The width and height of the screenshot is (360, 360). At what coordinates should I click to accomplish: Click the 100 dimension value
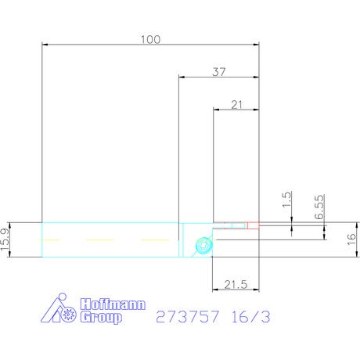pyautogui.click(x=150, y=39)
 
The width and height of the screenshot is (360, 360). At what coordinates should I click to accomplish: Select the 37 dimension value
pyautogui.click(x=219, y=72)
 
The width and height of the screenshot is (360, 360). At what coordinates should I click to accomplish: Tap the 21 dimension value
pyautogui.click(x=236, y=105)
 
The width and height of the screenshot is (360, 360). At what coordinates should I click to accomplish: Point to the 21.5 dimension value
pyautogui.click(x=236, y=284)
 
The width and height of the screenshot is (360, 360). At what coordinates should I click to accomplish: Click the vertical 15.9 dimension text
pyautogui.click(x=5, y=239)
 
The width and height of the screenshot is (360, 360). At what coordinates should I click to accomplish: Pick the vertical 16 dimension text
pyautogui.click(x=351, y=239)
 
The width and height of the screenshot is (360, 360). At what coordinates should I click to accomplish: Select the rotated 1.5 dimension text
pyautogui.click(x=286, y=200)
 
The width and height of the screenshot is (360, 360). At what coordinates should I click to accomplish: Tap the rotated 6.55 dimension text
pyautogui.click(x=319, y=207)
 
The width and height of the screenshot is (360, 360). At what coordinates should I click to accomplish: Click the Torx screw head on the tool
pyautogui.click(x=203, y=246)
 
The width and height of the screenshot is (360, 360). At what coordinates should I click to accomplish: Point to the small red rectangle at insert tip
pyautogui.click(x=253, y=225)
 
